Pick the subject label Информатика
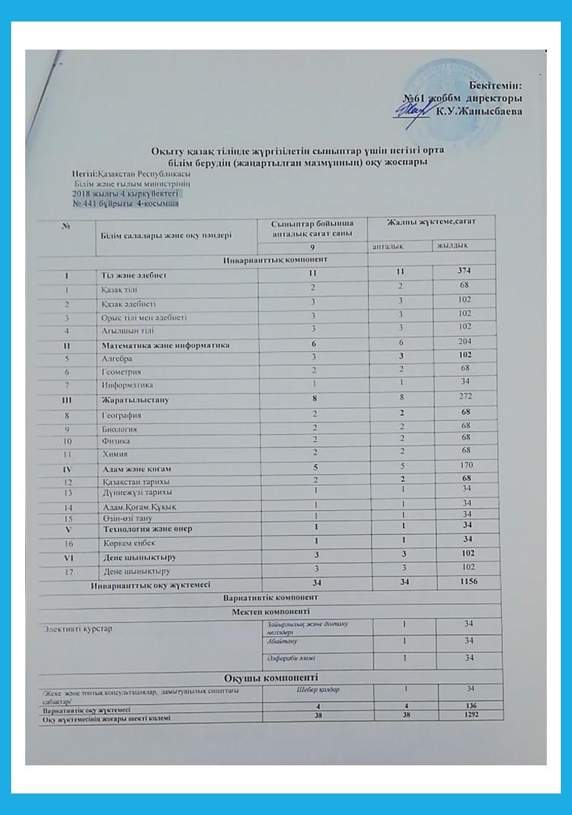(127, 385)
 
